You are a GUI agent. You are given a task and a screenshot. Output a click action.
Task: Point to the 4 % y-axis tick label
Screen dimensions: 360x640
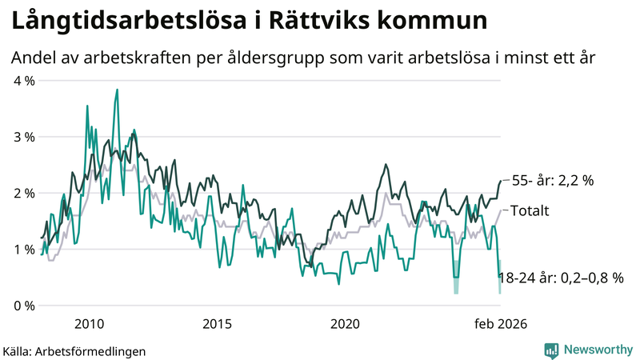point(23,81)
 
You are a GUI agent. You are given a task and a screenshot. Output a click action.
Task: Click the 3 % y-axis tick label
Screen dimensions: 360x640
point(23,137)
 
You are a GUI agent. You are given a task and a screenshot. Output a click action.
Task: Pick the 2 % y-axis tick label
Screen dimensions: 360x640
point(23,193)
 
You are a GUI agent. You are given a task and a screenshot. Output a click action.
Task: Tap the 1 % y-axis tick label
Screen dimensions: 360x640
point(23,250)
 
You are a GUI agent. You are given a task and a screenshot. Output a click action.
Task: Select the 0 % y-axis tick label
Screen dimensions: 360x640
point(23,306)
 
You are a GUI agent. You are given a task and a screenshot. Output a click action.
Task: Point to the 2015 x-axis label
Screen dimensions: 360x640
point(217,324)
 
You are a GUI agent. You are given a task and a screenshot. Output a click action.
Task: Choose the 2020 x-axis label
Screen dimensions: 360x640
point(345,324)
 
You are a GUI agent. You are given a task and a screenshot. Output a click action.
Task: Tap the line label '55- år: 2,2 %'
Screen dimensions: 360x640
point(552,181)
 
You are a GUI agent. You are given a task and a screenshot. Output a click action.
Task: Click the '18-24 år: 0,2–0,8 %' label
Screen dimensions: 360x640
point(560,278)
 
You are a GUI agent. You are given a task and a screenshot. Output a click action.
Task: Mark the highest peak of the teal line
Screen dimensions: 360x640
point(117,90)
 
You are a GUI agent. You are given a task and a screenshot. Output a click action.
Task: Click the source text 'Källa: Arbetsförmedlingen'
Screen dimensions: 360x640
point(74,351)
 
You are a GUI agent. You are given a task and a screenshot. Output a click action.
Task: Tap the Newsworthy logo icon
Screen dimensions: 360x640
point(551,350)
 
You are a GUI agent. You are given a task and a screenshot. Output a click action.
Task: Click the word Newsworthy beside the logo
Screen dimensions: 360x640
point(597,350)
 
